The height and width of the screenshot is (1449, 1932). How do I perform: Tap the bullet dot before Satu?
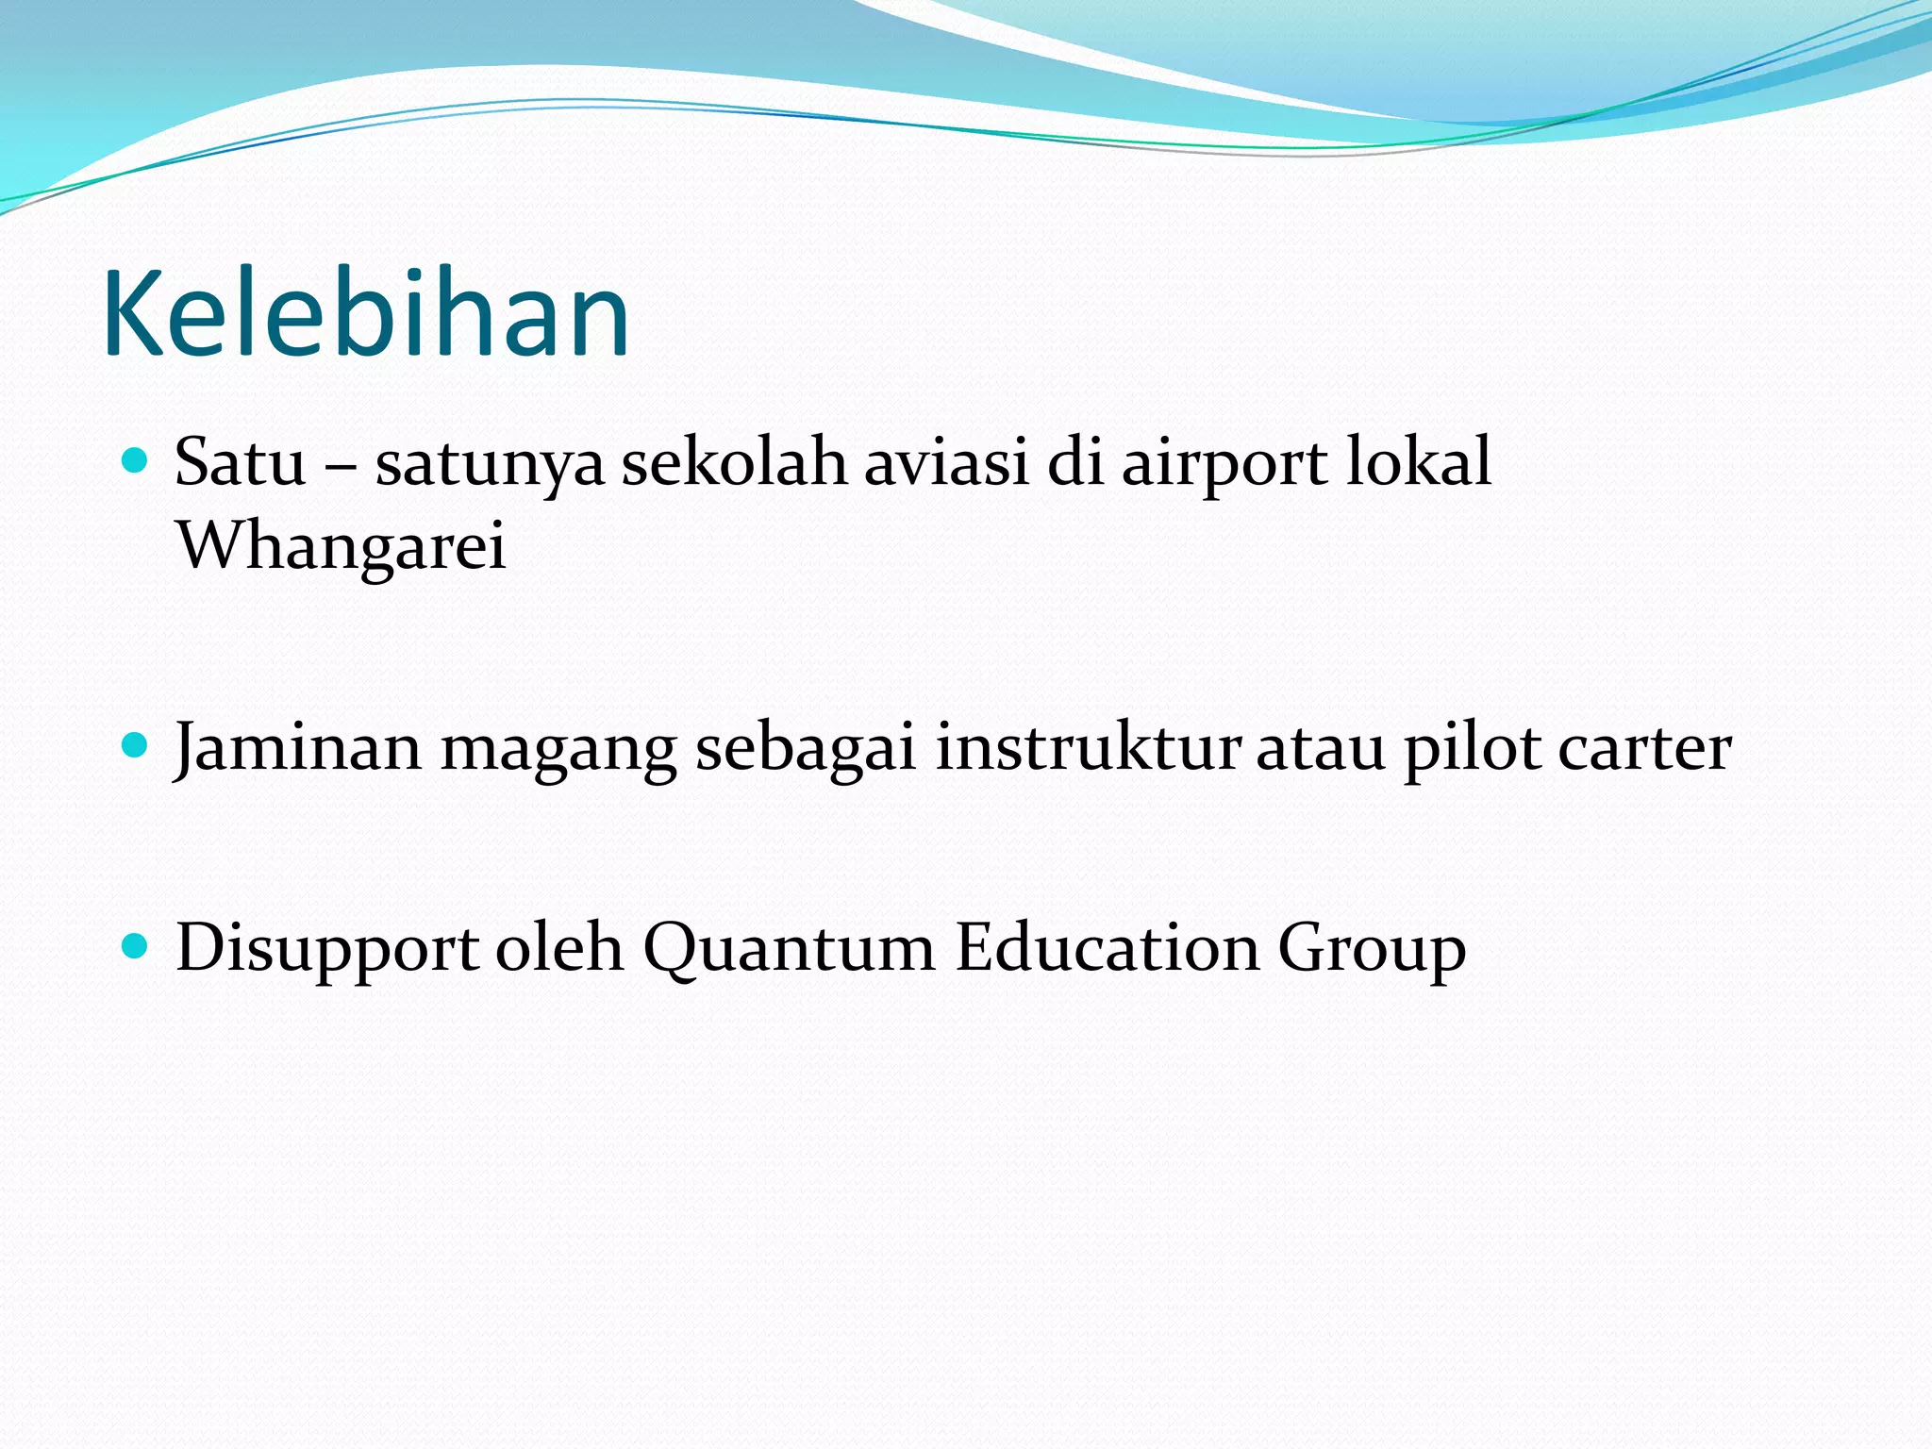137,460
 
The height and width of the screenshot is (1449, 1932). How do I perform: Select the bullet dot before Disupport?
137,946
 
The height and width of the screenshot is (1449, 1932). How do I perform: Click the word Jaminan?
298,747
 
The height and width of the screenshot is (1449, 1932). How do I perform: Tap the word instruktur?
1088,747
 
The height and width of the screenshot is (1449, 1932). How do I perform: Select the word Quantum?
789,949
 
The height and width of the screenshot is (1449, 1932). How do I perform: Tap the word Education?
1108,947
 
